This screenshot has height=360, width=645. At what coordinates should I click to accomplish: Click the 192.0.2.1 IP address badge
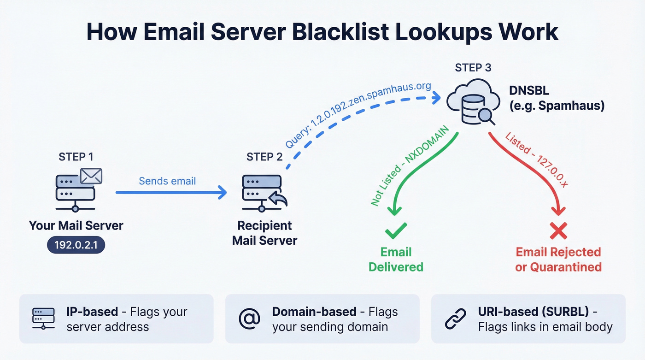click(76, 244)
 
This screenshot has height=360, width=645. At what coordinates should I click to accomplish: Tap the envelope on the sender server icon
click(91, 176)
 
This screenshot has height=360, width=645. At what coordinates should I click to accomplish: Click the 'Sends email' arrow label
click(167, 181)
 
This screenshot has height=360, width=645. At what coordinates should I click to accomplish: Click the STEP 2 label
click(264, 157)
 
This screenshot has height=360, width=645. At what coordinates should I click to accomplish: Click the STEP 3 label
click(473, 68)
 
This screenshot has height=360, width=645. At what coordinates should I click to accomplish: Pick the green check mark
click(396, 229)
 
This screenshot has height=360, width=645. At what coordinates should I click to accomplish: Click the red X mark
click(558, 230)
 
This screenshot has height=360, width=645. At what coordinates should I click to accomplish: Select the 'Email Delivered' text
click(396, 260)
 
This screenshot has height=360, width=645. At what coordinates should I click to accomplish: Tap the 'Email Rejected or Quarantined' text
click(558, 260)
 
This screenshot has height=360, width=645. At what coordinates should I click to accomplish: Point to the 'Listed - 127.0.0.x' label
click(537, 159)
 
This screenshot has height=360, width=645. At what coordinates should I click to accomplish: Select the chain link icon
click(455, 319)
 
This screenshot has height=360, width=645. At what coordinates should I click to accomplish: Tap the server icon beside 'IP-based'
click(43, 319)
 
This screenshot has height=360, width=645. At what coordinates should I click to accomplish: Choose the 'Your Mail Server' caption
click(76, 226)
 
